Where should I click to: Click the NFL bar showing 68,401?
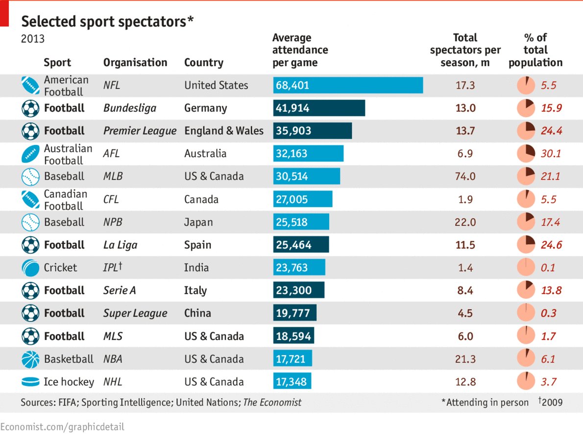[x=348, y=85]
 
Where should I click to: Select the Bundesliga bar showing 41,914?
[x=319, y=108]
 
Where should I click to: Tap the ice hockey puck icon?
[x=30, y=382]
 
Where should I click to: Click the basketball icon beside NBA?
[x=30, y=359]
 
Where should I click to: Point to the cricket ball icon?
[x=30, y=267]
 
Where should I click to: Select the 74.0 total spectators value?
[x=465, y=176]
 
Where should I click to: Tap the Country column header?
[x=203, y=63]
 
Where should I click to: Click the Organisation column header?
[x=135, y=63]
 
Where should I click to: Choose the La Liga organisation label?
[x=120, y=245]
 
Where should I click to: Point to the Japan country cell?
[x=198, y=222]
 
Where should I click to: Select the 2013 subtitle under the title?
[x=32, y=39]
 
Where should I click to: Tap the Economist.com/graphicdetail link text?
[x=62, y=427]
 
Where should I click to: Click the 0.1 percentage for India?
[x=548, y=267]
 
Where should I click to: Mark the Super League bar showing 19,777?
[x=294, y=313]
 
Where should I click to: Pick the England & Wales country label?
[x=224, y=131]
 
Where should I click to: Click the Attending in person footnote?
[x=485, y=402]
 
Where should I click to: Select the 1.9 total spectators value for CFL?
[x=465, y=199]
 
